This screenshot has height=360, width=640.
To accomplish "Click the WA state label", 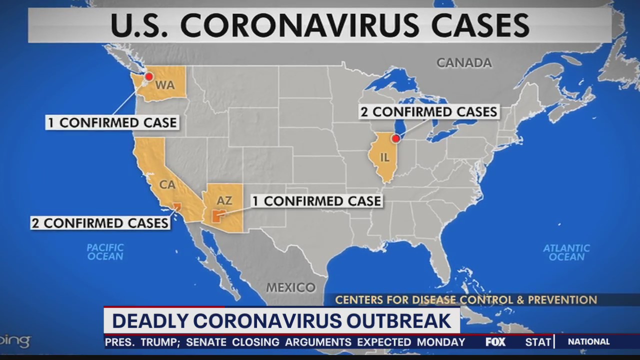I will click(164, 85).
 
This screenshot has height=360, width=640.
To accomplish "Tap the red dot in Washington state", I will click(148, 76).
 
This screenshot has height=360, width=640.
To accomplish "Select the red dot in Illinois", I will click(395, 138).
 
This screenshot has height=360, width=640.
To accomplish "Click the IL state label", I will click(384, 157).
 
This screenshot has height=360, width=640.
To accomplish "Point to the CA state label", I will click(167, 184).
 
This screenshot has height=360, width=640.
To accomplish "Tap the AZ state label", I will click(224, 200).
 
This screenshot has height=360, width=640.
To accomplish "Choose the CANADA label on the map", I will click(464, 63).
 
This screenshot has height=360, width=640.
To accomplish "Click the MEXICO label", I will click(290, 287).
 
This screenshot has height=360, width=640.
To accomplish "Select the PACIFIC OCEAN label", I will click(105, 252).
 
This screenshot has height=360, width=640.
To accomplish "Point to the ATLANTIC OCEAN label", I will click(566, 252).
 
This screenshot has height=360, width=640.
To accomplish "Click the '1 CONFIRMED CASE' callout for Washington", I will click(112, 122).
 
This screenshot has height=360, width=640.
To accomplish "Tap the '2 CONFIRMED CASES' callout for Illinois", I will click(429, 112).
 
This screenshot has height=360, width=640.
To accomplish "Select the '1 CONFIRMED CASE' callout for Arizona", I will click(316, 201).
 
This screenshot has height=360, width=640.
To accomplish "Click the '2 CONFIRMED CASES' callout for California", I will click(100, 222).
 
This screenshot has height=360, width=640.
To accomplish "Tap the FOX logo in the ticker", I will click(495, 342).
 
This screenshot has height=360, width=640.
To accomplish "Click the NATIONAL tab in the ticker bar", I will click(588, 342).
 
